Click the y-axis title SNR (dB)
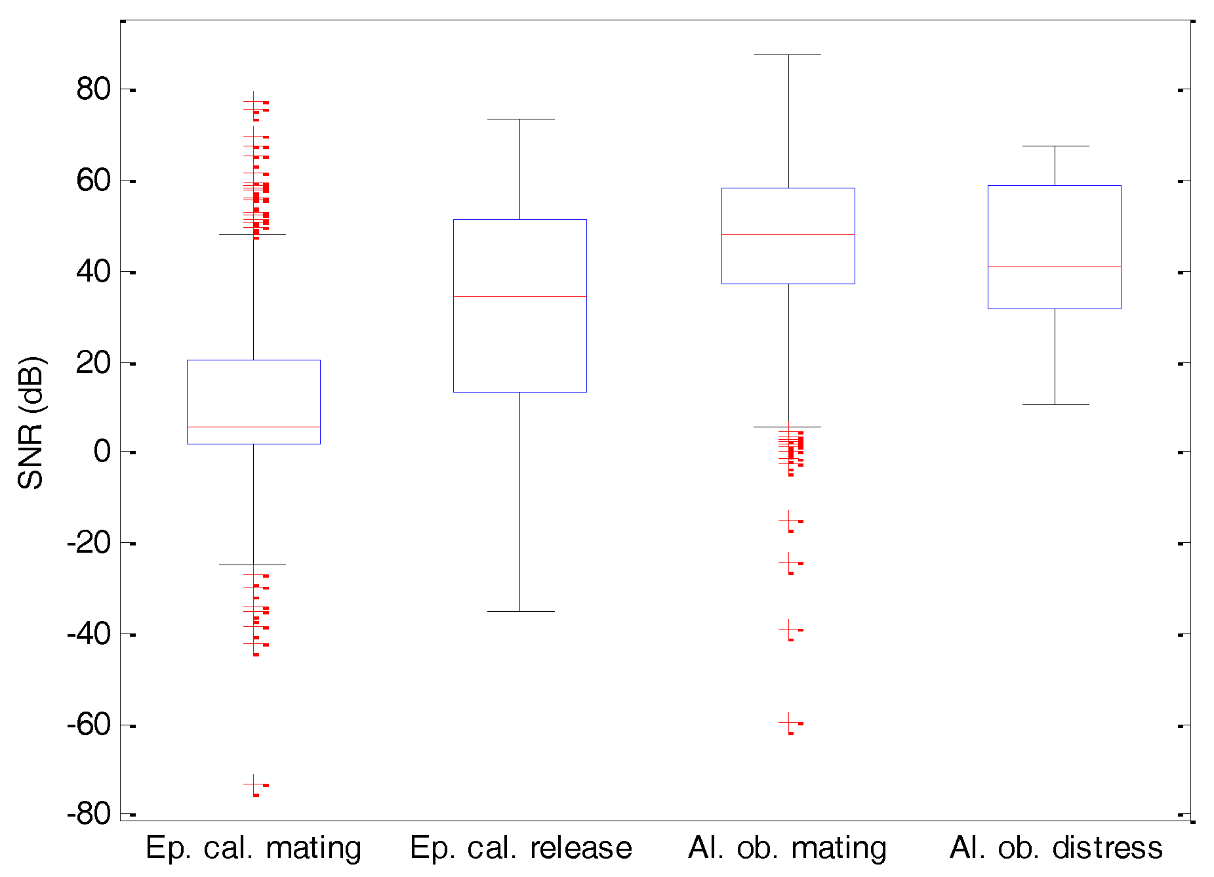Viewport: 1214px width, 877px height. click(30, 423)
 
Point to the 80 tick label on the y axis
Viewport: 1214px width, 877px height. click(94, 89)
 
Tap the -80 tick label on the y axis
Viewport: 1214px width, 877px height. click(89, 814)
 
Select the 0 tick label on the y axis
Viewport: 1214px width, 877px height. click(102, 452)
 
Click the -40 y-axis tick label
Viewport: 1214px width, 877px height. click(89, 634)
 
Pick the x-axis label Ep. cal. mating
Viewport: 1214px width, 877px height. click(253, 848)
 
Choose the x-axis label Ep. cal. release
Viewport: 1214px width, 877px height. click(521, 848)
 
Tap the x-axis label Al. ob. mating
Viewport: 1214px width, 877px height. click(787, 848)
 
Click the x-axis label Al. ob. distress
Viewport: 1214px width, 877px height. click(1056, 848)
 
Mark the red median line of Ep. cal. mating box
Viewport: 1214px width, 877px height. click(254, 427)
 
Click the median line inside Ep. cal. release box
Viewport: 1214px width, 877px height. click(520, 296)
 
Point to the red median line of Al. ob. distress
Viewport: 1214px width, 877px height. click(1055, 267)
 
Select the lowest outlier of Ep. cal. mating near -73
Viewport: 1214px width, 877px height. click(254, 784)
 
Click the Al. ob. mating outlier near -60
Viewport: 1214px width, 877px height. click(788, 722)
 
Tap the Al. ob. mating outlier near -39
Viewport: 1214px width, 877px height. click(788, 629)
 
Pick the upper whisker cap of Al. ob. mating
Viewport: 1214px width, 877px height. click(788, 55)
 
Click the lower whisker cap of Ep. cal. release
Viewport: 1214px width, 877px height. click(520, 611)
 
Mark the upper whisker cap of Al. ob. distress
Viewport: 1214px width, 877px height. click(1055, 146)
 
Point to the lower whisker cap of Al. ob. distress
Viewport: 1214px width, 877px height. click(1055, 404)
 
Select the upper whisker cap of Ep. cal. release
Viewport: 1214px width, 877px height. click(520, 119)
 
